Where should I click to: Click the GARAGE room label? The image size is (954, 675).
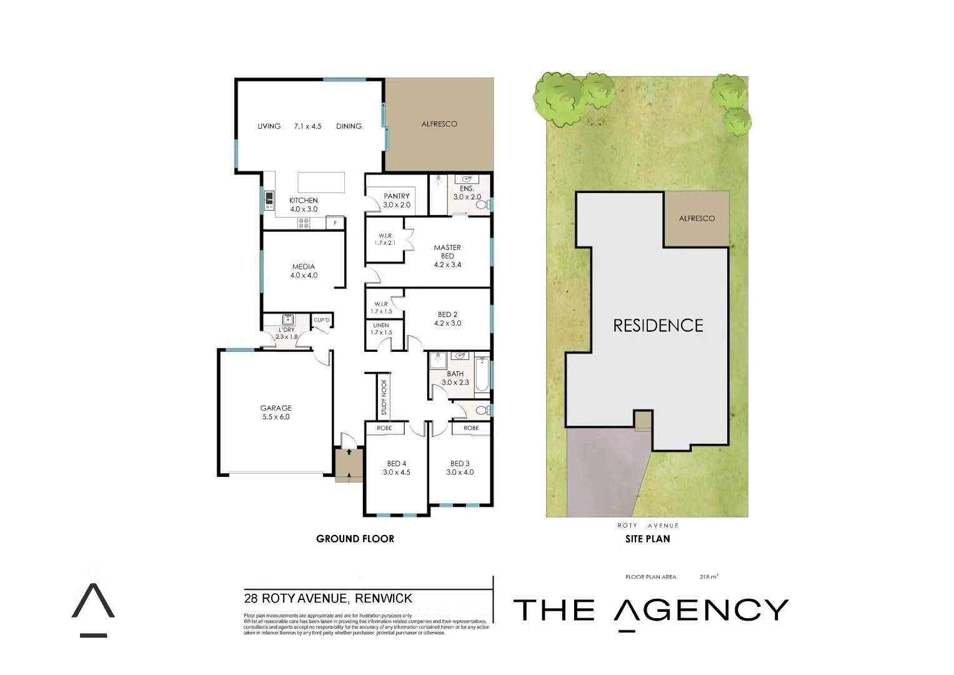click(x=276, y=408)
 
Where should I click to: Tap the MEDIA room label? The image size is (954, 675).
click(x=304, y=267)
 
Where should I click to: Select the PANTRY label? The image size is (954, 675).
click(x=397, y=196)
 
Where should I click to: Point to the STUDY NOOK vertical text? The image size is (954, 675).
click(x=384, y=397)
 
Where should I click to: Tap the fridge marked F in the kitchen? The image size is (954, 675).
click(x=335, y=223)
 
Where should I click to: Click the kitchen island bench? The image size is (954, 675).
click(x=321, y=182)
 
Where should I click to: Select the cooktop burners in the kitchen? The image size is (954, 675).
click(x=304, y=223)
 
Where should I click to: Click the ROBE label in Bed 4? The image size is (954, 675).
click(x=384, y=428)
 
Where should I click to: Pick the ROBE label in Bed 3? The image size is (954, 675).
click(x=472, y=428)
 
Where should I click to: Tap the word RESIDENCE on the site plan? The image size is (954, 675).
click(x=658, y=326)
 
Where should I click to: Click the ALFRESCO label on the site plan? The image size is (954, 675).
click(x=697, y=218)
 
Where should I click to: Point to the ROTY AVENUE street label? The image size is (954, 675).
click(x=648, y=526)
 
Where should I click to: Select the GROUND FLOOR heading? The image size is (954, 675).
click(x=355, y=539)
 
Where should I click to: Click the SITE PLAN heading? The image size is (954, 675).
click(x=648, y=539)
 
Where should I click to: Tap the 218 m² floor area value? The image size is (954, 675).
click(x=708, y=577)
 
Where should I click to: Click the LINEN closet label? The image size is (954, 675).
click(x=381, y=326)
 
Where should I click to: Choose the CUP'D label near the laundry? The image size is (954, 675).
click(x=322, y=320)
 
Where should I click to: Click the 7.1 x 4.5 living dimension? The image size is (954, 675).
click(x=307, y=126)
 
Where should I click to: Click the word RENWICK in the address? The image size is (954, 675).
click(x=384, y=598)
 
